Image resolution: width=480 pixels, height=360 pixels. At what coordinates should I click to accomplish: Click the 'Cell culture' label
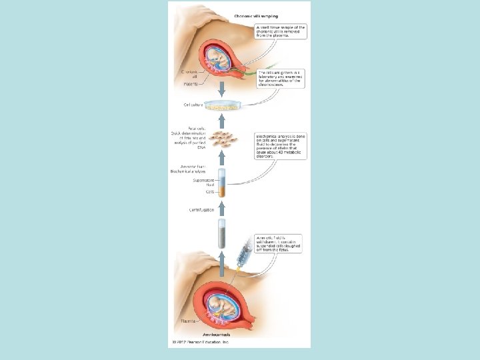[193, 105]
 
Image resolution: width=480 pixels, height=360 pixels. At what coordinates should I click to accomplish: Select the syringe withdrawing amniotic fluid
[243, 256]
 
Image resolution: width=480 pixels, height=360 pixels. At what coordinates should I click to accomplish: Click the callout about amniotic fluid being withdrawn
[280, 245]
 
